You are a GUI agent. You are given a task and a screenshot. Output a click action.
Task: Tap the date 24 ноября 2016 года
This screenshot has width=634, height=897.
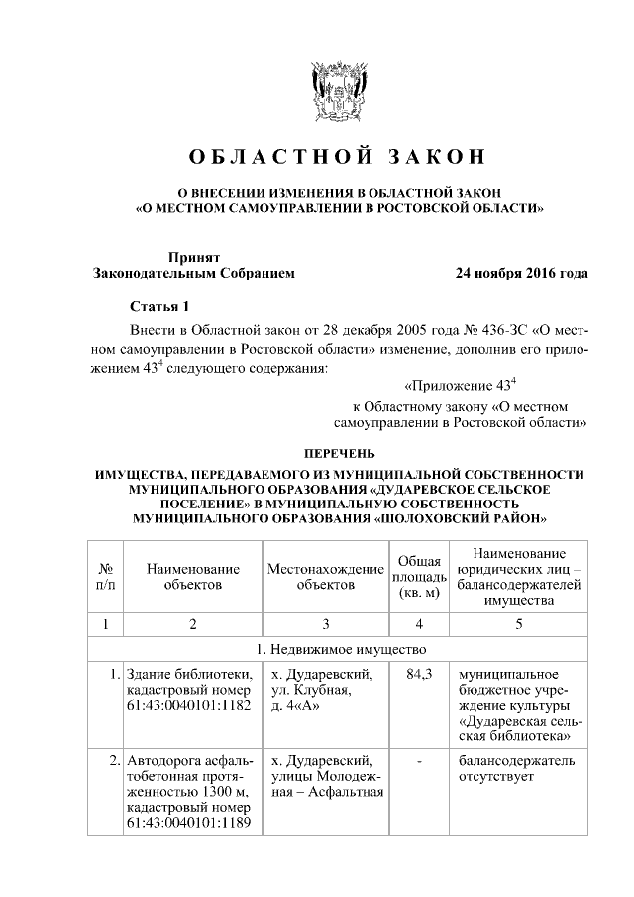(x=520, y=273)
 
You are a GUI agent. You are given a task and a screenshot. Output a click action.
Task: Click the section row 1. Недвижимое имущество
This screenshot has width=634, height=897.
(x=338, y=650)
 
